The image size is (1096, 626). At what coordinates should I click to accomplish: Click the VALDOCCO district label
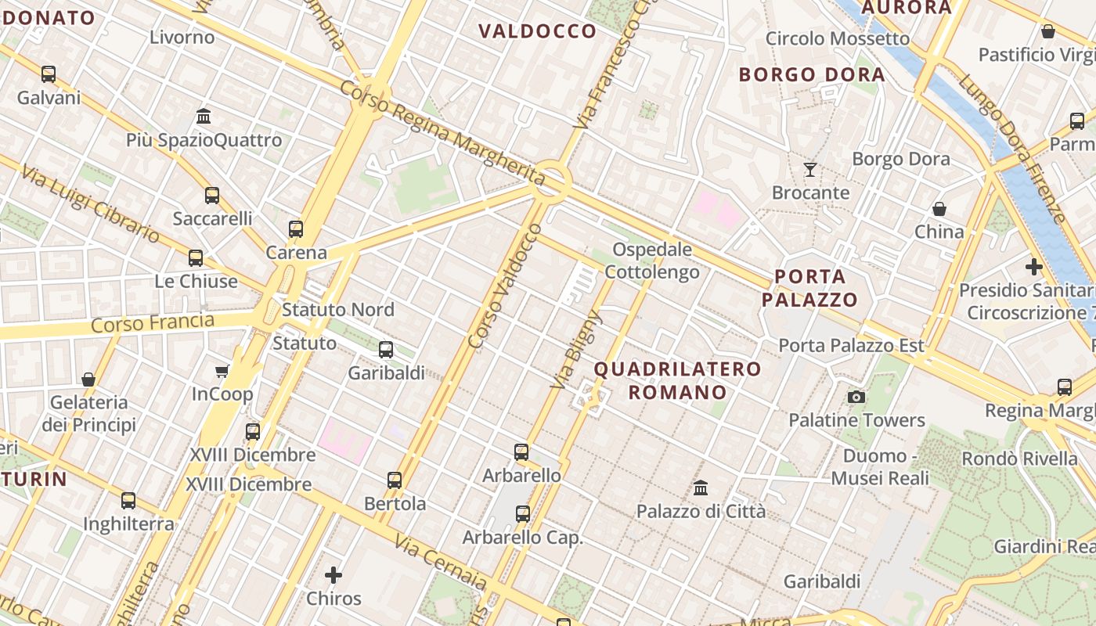tap(537, 31)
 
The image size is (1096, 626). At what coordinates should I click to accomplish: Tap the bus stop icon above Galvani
tap(49, 74)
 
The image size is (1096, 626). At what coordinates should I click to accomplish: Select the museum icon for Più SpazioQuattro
tap(204, 117)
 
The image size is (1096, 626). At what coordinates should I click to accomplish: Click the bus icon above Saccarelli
tap(212, 195)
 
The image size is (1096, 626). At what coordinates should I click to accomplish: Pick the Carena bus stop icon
tap(295, 229)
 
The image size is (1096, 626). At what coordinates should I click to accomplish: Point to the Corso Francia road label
tap(153, 322)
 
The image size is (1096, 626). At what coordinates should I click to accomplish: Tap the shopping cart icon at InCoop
tap(222, 371)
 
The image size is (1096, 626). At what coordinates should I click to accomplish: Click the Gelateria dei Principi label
tap(88, 413)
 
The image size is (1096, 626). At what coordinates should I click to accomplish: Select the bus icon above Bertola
tap(395, 480)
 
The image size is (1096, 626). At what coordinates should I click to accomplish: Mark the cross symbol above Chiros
tap(333, 575)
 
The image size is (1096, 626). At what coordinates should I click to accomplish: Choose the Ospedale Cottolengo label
tap(652, 261)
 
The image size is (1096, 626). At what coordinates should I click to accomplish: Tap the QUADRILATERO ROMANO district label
tap(677, 380)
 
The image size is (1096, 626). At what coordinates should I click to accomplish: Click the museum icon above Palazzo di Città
tap(701, 487)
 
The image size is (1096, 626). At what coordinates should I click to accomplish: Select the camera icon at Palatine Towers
tap(856, 397)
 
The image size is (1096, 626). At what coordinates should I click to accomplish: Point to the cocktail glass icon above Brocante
tap(810, 169)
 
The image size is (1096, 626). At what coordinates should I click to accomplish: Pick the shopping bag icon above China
tap(939, 209)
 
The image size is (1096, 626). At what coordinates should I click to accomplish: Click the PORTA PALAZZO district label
tap(809, 288)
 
